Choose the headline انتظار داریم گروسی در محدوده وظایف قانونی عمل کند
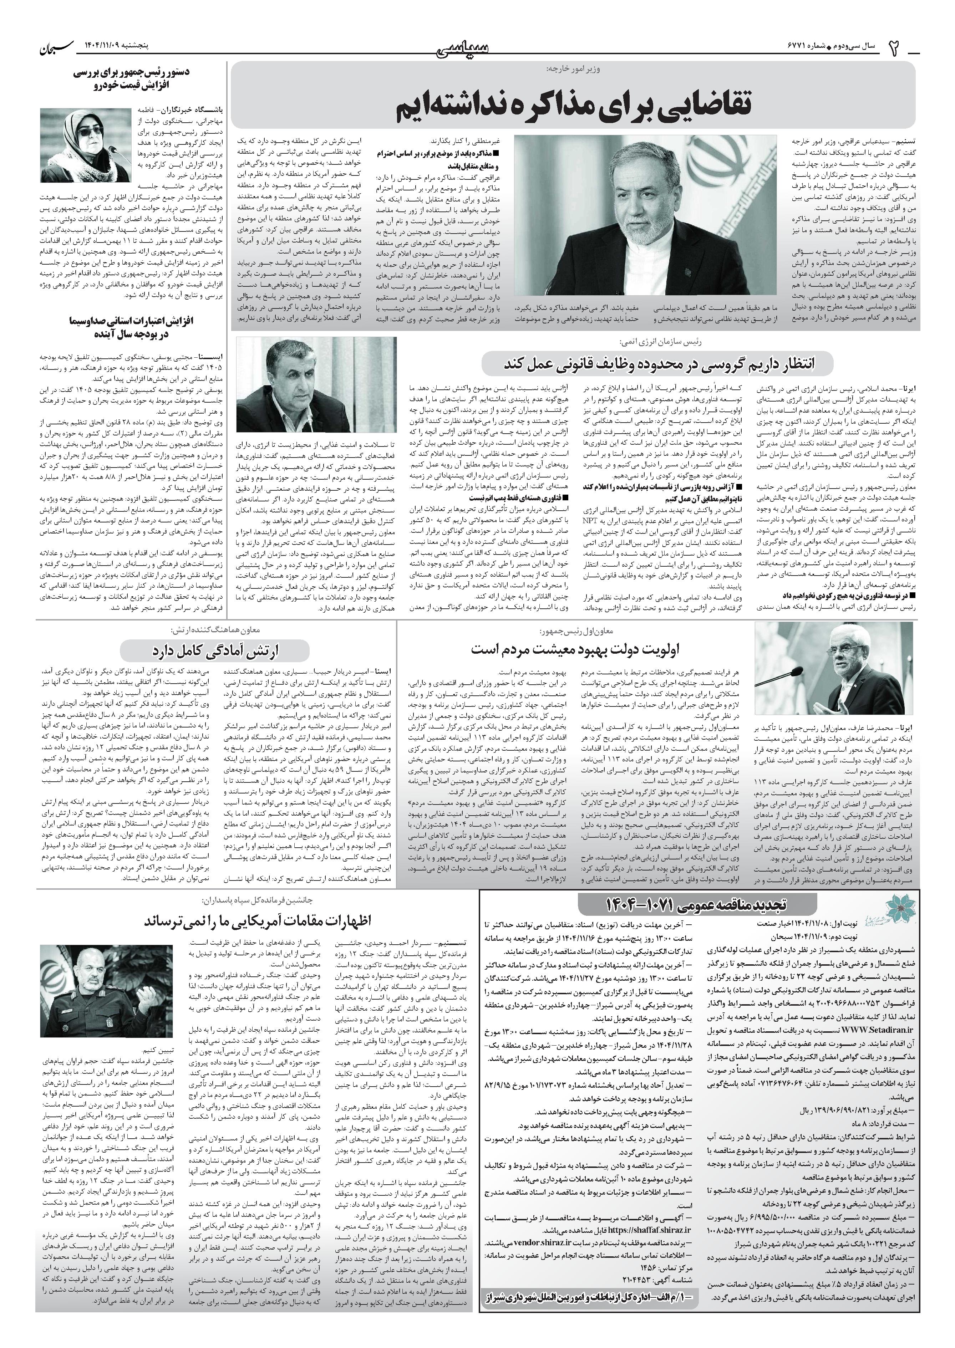click(x=657, y=364)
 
